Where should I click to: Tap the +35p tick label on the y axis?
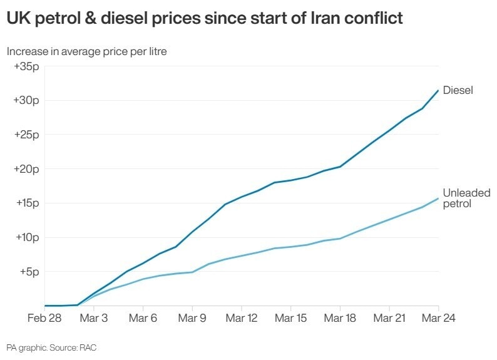click(26, 66)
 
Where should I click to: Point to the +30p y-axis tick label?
click(26, 100)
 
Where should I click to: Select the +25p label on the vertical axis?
click(26, 135)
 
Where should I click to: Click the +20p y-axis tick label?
click(26, 169)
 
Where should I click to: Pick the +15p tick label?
click(26, 203)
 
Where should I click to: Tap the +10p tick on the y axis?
click(26, 237)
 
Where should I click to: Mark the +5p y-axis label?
click(29, 272)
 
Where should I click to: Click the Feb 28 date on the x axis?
click(45, 318)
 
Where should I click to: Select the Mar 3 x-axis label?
click(95, 318)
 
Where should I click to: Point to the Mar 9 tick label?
click(193, 318)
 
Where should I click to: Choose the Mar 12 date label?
click(242, 318)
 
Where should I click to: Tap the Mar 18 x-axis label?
click(340, 318)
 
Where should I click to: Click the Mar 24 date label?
click(438, 318)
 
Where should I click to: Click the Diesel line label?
click(458, 90)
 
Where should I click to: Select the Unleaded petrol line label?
click(466, 198)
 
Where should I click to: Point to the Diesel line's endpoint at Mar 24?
click(438, 90)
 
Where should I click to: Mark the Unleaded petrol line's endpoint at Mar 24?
click(438, 198)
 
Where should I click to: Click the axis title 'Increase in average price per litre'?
click(87, 51)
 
